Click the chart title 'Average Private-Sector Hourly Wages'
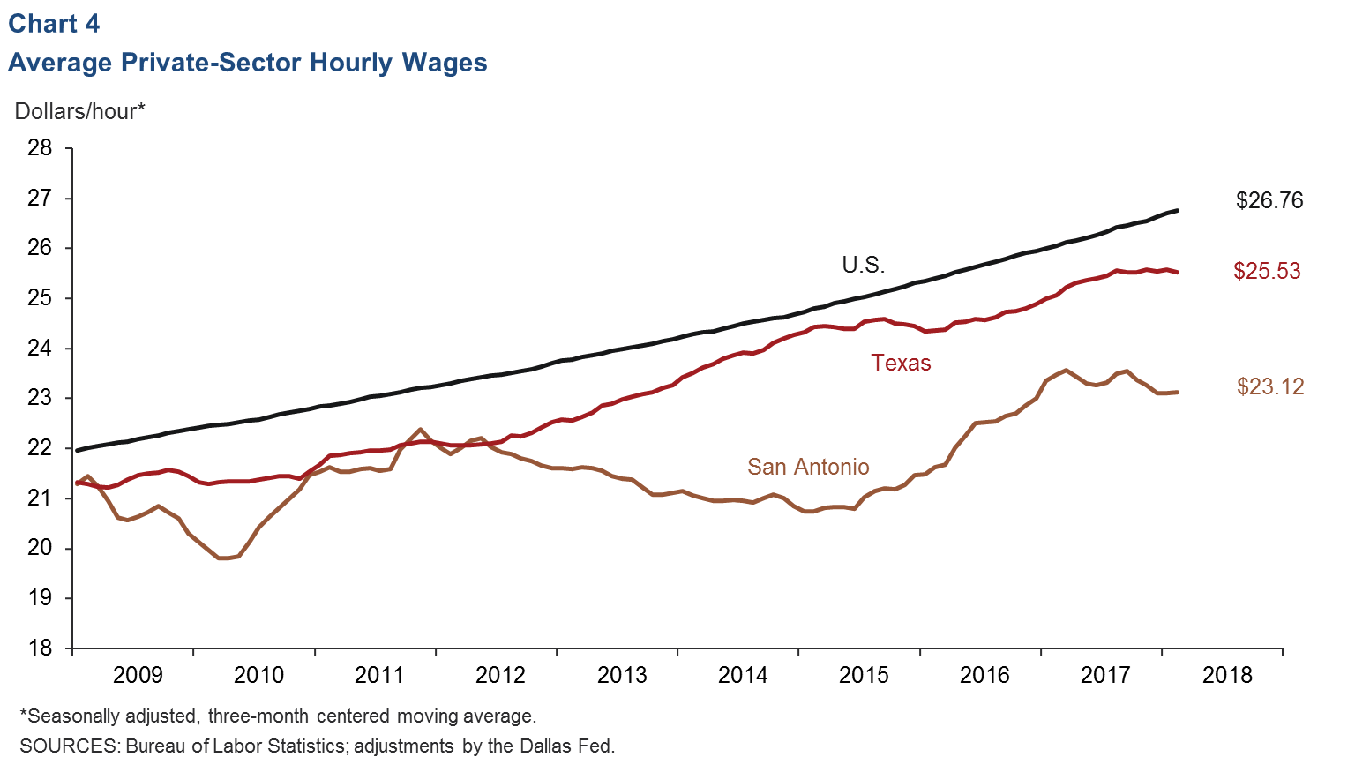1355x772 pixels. pyautogui.click(x=247, y=63)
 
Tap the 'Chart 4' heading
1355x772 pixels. pyautogui.click(x=54, y=24)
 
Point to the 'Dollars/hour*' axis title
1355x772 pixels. pyautogui.click(x=79, y=111)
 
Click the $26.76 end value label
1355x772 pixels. pyautogui.click(x=1269, y=200)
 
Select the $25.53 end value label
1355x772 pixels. pyautogui.click(x=1266, y=271)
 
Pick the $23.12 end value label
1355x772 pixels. pyautogui.click(x=1269, y=386)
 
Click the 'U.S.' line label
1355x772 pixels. pyautogui.click(x=863, y=265)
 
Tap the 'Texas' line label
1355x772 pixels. pyautogui.click(x=901, y=363)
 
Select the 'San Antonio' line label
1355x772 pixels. pyautogui.click(x=808, y=467)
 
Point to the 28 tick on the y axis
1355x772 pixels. pyautogui.click(x=40, y=147)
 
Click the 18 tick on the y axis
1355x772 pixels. pyautogui.click(x=40, y=648)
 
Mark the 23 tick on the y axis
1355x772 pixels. pyautogui.click(x=40, y=398)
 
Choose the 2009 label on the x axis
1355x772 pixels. pyautogui.click(x=138, y=675)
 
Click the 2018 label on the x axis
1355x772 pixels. pyautogui.click(x=1227, y=675)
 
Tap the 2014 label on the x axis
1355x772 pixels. pyautogui.click(x=743, y=675)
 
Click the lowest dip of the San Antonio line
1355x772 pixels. pyautogui.click(x=224, y=558)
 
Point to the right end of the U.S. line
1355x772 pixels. pyautogui.click(x=1177, y=211)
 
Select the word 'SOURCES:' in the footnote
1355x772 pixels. pyautogui.click(x=70, y=746)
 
